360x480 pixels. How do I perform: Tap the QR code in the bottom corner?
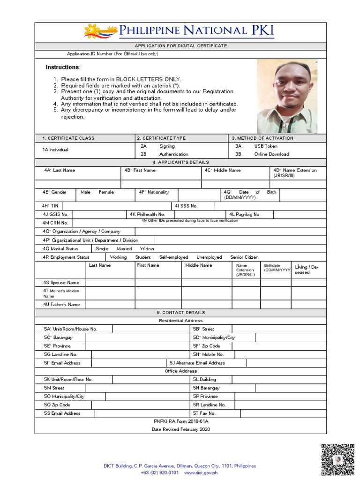(337, 460)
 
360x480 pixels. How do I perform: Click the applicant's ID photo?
(287, 96)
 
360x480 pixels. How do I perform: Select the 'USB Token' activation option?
(265, 146)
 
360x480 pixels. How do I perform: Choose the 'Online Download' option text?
(271, 154)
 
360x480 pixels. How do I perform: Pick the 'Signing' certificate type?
(167, 146)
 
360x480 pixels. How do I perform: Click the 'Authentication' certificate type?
(173, 154)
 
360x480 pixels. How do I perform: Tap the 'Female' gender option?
(106, 192)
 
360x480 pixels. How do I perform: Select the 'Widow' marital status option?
(147, 249)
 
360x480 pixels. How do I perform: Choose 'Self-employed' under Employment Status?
(173, 257)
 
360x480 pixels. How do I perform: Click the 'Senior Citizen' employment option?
(244, 257)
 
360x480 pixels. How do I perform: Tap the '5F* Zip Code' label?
(206, 346)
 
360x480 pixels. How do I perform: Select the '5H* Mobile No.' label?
(208, 354)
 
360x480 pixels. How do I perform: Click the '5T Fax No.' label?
(204, 413)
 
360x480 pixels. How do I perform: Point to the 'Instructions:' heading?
(63, 67)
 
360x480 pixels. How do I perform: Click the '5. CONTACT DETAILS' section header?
(180, 313)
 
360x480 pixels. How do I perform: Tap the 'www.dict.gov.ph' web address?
(201, 473)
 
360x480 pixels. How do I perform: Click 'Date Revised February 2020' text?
(180, 429)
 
